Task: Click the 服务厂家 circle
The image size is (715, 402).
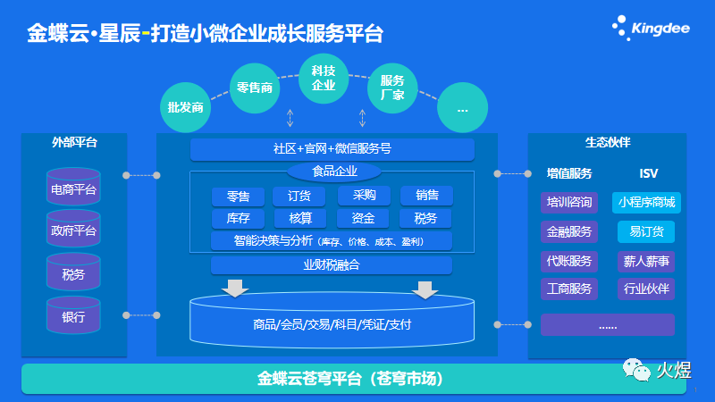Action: pos(392,87)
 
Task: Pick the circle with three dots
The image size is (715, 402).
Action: pos(463,108)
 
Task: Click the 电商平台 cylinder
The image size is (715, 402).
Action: pos(73,189)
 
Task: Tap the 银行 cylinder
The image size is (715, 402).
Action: pos(73,315)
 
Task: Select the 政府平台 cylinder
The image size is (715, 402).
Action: pos(73,231)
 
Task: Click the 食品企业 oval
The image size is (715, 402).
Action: pos(333,171)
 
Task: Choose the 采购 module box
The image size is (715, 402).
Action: pos(364,196)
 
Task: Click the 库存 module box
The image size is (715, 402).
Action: pos(238,218)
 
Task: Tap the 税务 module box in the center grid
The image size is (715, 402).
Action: pos(425,218)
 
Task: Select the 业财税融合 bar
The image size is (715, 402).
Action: pos(332,264)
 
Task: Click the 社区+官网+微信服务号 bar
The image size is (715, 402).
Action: pos(332,148)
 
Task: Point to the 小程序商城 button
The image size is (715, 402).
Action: pos(646,203)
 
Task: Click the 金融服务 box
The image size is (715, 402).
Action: pos(569,231)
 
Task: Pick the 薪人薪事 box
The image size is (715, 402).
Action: pos(646,261)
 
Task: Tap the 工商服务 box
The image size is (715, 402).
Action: pos(569,289)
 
